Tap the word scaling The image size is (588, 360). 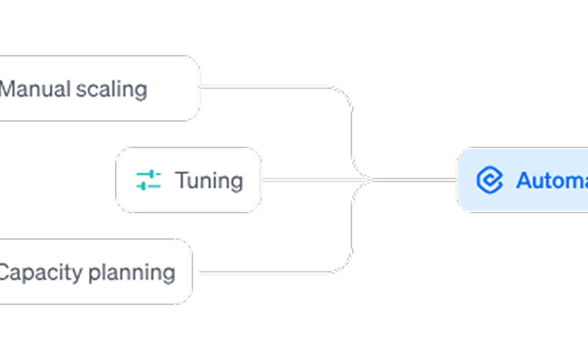click(x=111, y=90)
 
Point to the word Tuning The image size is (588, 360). click(x=209, y=180)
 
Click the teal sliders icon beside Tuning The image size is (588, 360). click(x=148, y=180)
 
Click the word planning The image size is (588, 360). click(x=132, y=273)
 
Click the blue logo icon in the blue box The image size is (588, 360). click(x=489, y=180)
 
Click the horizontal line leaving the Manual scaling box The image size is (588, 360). click(x=262, y=87)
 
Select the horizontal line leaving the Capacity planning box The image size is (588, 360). click(x=262, y=273)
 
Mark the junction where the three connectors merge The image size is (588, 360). click(x=369, y=180)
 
